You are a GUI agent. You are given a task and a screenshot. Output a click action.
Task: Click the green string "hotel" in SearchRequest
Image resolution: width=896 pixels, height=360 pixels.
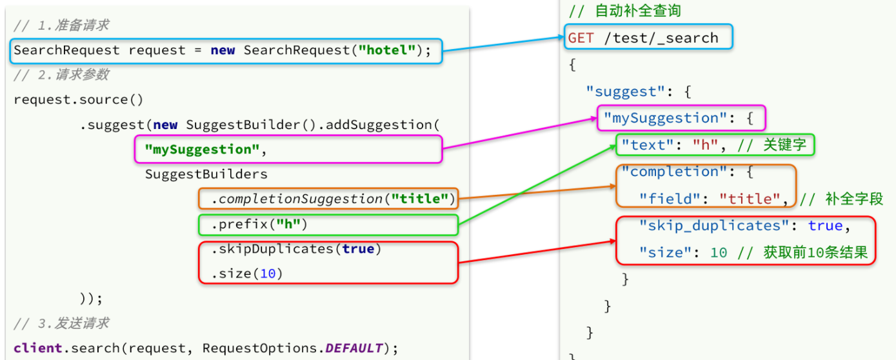click(x=388, y=50)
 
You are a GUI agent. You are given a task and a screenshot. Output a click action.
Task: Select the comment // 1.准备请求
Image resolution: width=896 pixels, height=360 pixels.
click(x=61, y=25)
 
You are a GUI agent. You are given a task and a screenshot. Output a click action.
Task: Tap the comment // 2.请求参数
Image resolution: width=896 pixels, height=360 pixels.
click(x=61, y=75)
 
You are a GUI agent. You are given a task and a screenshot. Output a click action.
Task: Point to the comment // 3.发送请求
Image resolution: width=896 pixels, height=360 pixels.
click(x=61, y=323)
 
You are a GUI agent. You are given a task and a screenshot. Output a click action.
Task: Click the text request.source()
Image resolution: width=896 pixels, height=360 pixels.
click(x=78, y=100)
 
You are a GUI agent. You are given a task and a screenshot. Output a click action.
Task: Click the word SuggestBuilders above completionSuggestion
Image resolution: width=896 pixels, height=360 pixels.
click(x=206, y=174)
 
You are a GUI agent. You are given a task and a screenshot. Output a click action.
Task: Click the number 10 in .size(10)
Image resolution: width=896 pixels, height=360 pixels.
click(x=268, y=274)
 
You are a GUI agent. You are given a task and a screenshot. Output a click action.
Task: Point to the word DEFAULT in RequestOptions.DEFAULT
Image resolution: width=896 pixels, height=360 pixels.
click(x=353, y=348)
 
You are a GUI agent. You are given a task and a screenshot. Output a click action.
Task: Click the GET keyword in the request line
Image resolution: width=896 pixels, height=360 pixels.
click(x=581, y=38)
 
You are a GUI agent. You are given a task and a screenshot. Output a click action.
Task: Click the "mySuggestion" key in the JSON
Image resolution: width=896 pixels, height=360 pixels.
click(x=670, y=119)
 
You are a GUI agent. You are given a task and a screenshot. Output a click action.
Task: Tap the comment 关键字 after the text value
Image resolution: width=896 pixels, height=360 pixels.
click(x=784, y=145)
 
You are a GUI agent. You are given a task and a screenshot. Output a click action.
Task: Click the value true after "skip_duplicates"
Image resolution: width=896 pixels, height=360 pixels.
click(x=825, y=226)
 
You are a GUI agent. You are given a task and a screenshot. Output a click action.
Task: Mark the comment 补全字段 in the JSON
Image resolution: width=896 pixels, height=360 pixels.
click(x=853, y=199)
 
